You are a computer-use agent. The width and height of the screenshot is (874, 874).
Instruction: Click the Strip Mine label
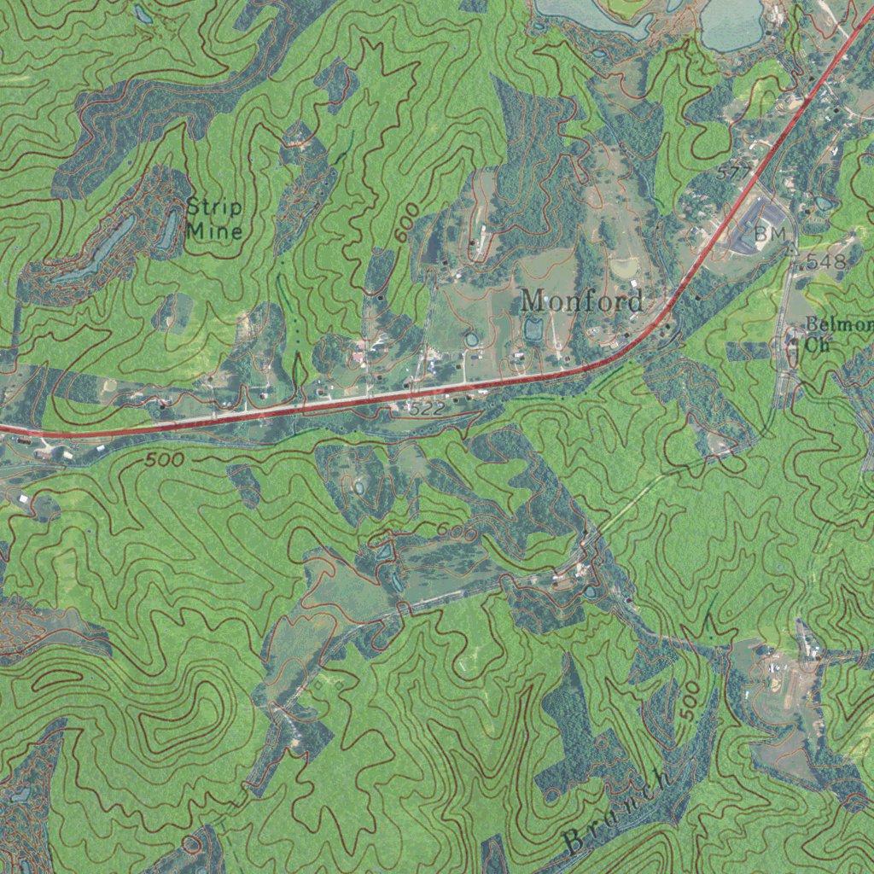point(214,218)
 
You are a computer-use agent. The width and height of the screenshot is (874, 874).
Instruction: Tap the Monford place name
point(582,300)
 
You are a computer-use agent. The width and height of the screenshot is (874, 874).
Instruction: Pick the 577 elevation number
point(733,173)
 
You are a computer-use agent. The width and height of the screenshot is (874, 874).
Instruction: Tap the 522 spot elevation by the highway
point(426,410)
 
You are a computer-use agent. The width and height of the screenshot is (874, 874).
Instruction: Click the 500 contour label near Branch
point(691,701)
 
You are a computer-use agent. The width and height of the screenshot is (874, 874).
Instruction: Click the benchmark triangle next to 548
point(793,248)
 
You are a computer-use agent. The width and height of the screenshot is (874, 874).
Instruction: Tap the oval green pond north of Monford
point(624,267)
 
